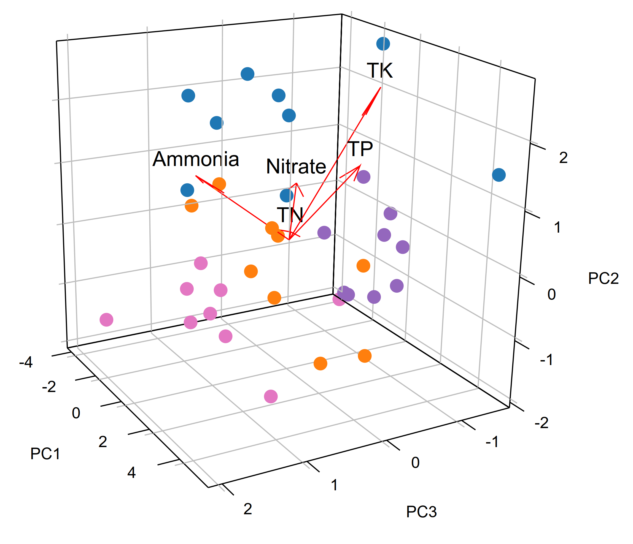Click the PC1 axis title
[x=45, y=454]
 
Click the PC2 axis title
[x=603, y=278]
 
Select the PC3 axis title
[x=421, y=512]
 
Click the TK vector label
[x=379, y=71]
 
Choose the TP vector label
[x=360, y=149]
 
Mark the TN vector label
[x=290, y=215]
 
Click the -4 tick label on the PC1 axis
[x=26, y=363]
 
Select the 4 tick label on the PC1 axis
[x=131, y=473]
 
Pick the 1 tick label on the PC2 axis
[x=557, y=227]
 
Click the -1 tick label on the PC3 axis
[x=492, y=442]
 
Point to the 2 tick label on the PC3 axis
[x=248, y=509]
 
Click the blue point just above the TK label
[x=383, y=44]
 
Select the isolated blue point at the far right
[x=499, y=175]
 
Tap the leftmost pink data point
[x=106, y=320]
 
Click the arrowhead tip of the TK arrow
[x=381, y=88]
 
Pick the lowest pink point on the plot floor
[x=271, y=396]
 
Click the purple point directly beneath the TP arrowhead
[x=363, y=177]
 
